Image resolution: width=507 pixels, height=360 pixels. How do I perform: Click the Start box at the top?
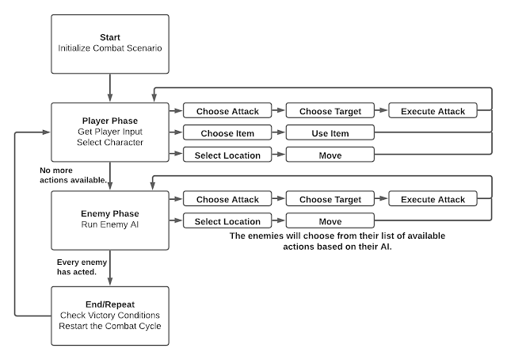point(110,42)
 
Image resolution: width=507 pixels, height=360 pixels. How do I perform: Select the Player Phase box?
point(110,131)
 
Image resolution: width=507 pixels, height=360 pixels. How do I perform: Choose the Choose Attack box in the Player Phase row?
point(227,111)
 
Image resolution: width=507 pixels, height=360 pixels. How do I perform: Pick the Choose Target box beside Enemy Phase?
point(329,199)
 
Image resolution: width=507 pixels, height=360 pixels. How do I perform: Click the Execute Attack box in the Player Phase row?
point(432,111)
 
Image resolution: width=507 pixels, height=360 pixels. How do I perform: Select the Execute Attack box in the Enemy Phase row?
point(432,199)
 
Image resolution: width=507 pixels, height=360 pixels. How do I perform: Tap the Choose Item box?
point(227,133)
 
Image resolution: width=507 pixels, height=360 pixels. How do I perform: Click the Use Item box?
point(329,133)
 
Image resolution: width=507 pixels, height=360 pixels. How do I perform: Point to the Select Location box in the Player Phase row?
point(227,155)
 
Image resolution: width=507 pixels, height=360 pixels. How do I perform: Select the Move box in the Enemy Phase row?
point(329,220)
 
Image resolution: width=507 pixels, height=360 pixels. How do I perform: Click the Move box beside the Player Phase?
point(329,155)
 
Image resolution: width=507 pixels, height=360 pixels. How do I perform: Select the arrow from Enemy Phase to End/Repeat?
point(110,263)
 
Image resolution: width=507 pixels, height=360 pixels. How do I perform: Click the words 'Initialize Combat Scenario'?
point(110,48)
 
